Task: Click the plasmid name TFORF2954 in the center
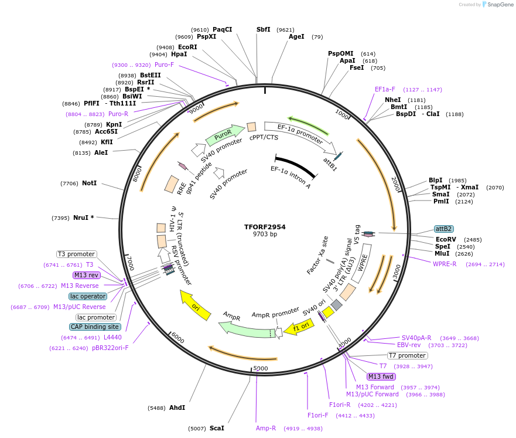(x=265, y=227)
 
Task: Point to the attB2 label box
(x=443, y=229)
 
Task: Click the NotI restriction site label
(x=89, y=184)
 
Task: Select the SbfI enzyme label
(x=264, y=29)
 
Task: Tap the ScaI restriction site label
(x=217, y=428)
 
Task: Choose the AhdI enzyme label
(x=177, y=408)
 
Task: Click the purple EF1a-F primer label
(x=385, y=89)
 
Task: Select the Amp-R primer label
(x=266, y=428)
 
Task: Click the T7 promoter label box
(x=407, y=355)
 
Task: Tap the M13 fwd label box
(x=381, y=376)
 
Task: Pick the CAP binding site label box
(x=95, y=327)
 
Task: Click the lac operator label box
(x=88, y=296)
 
